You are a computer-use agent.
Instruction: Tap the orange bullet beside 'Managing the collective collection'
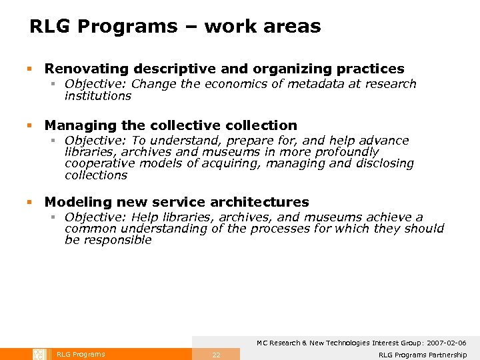[x=29, y=125]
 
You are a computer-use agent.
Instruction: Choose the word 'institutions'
[x=98, y=96]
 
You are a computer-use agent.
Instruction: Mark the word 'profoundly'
[x=346, y=152]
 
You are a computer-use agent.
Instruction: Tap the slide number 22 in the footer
[x=216, y=355]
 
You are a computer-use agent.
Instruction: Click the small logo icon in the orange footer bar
[x=39, y=354]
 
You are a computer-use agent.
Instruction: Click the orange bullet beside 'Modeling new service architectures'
[x=29, y=202]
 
